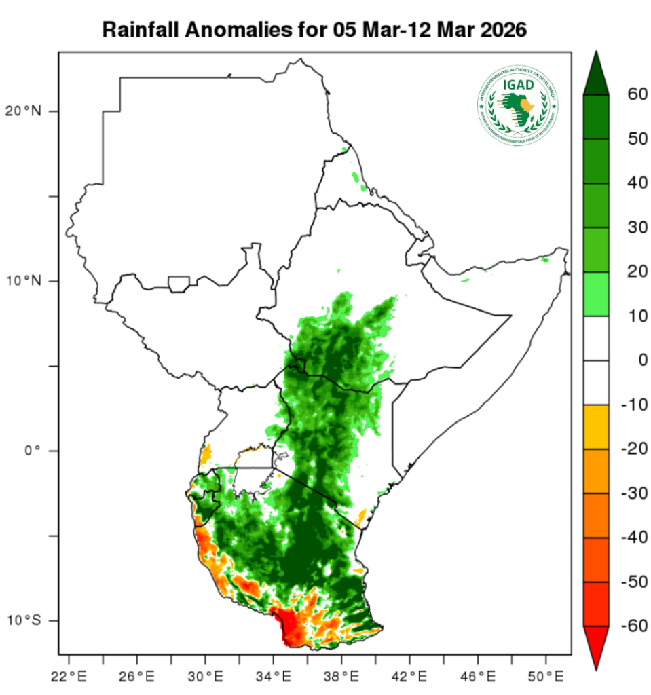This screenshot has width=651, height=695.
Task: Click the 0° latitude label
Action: [x=32, y=450]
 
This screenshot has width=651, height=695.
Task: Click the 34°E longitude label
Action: [x=274, y=677]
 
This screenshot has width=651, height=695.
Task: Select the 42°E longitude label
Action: [x=410, y=677]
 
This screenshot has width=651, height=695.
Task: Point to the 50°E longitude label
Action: [x=546, y=677]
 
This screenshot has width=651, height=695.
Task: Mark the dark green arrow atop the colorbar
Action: [x=595, y=73]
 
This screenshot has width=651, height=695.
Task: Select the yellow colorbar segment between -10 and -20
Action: [x=595, y=426]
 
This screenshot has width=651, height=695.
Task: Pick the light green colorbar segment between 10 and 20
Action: [x=595, y=294]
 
